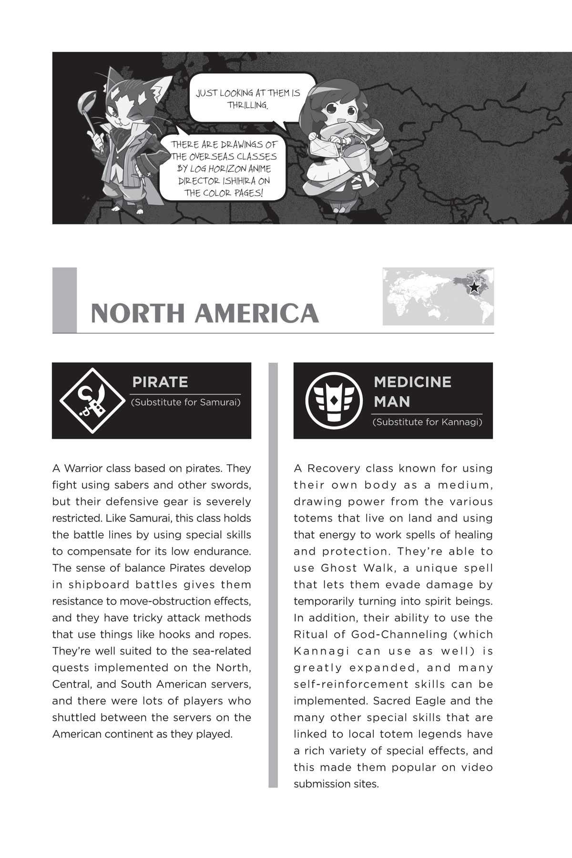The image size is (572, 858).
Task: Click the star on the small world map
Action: click(474, 287)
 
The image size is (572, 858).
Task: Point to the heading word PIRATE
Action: click(160, 382)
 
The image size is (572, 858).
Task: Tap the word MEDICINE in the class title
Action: click(412, 382)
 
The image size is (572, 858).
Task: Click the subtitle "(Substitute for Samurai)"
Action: click(185, 402)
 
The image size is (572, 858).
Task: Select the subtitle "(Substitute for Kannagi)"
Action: click(427, 422)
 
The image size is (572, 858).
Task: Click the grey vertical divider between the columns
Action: click(273, 572)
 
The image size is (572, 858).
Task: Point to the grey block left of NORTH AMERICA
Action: click(64, 300)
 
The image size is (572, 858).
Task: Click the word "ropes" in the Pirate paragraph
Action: click(235, 634)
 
